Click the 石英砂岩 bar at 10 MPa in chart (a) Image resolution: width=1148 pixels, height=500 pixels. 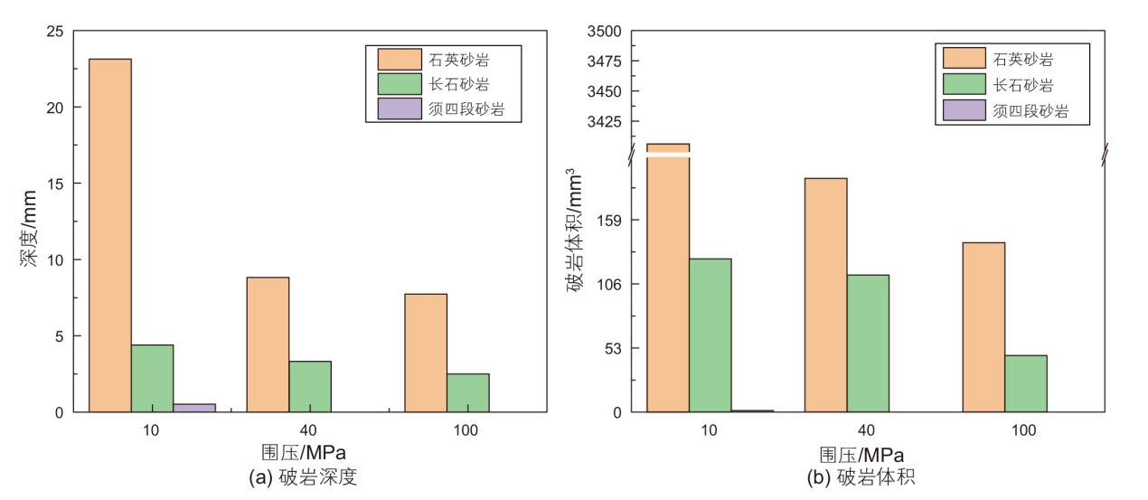click(x=109, y=235)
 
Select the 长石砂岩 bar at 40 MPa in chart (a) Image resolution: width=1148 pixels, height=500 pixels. click(x=310, y=386)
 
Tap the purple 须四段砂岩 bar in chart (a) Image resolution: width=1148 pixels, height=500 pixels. click(x=194, y=408)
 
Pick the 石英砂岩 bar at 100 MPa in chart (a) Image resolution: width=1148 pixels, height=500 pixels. click(x=426, y=353)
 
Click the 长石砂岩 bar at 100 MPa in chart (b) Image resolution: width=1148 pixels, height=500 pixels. click(x=1025, y=383)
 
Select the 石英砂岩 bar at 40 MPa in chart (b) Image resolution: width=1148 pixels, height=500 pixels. click(x=825, y=295)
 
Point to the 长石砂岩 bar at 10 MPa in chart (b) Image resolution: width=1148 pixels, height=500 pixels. click(x=710, y=335)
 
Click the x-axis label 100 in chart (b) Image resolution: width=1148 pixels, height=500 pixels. click(x=1024, y=430)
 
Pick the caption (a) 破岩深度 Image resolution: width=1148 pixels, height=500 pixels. click(x=303, y=477)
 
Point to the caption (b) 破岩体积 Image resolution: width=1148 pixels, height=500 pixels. click(x=862, y=477)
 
